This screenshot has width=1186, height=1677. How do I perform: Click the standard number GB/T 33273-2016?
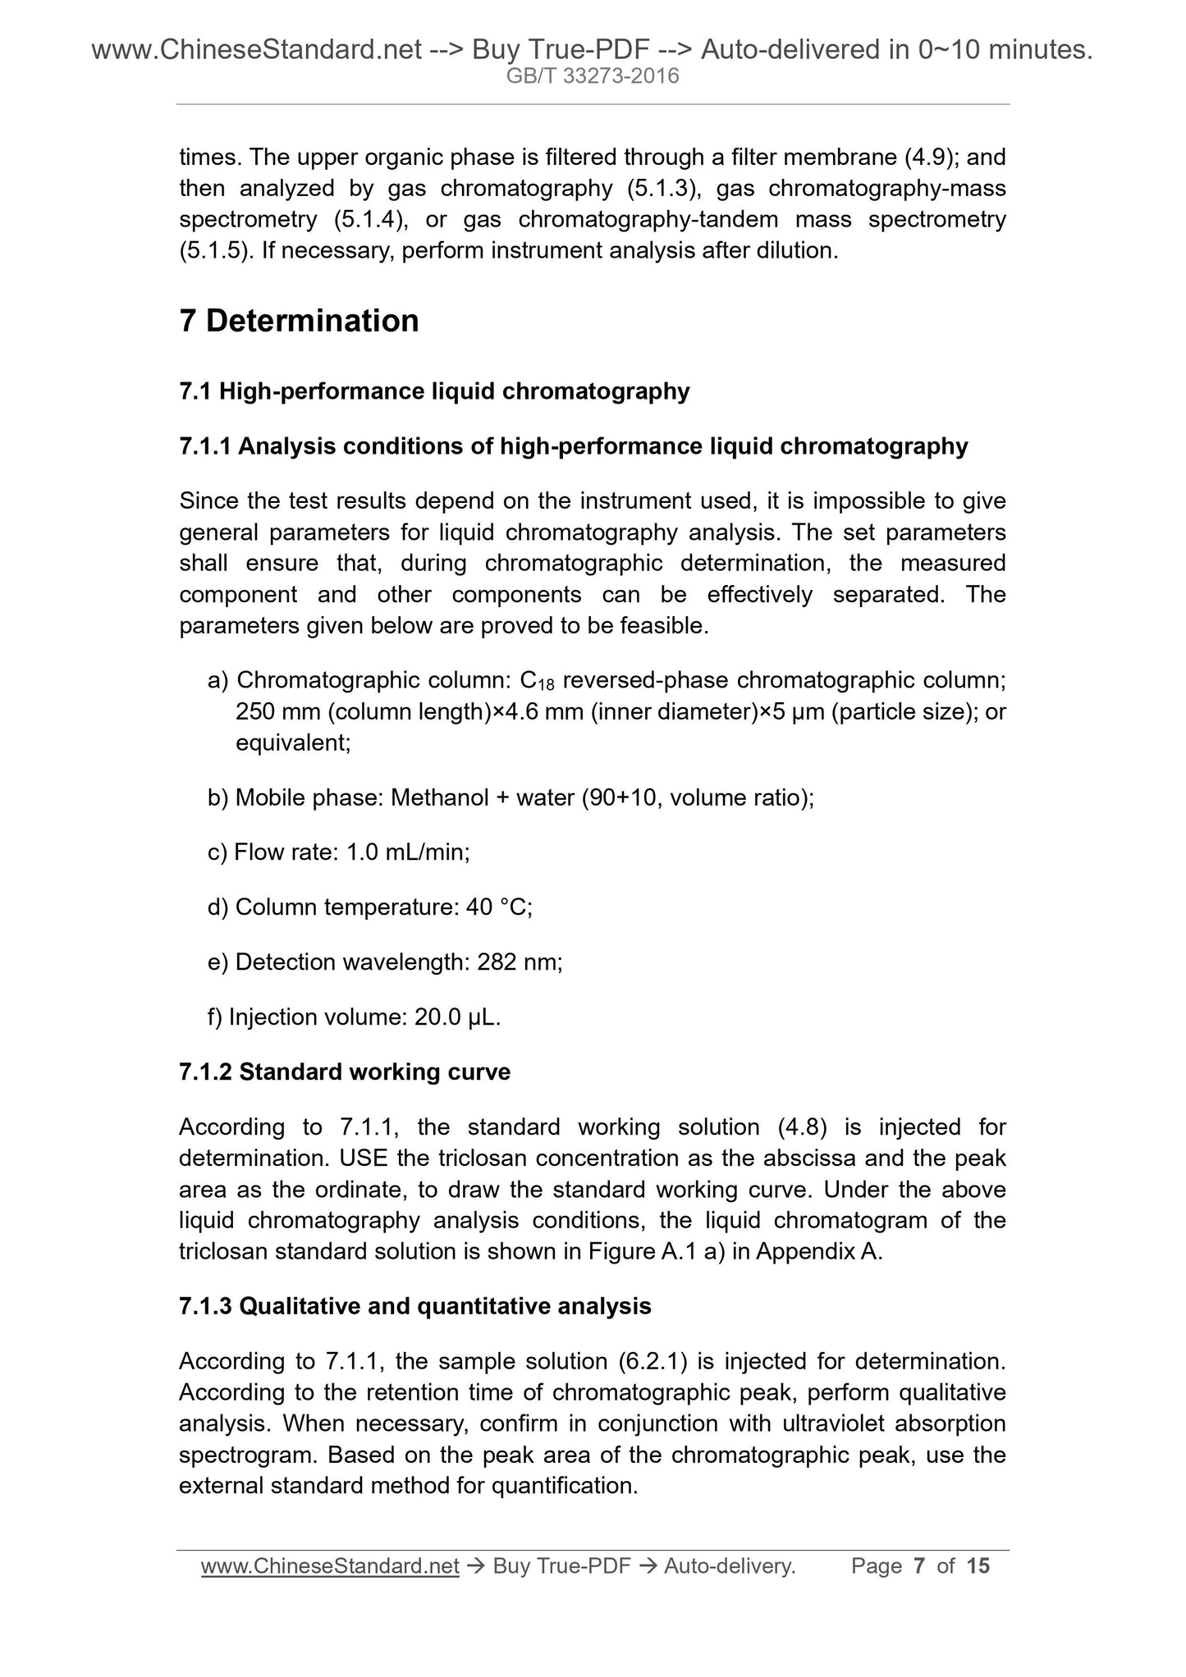592,77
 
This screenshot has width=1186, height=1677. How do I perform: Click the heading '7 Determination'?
299,321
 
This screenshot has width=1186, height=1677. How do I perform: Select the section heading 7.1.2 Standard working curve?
344,1072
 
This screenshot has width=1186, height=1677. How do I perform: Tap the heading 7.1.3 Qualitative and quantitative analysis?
414,1306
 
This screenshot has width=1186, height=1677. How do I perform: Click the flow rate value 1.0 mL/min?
408,852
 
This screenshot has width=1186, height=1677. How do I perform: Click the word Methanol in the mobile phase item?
440,797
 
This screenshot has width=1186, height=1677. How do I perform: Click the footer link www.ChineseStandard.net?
330,1566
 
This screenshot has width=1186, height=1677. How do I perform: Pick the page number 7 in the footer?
919,1566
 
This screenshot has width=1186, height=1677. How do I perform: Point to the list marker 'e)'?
218,962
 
